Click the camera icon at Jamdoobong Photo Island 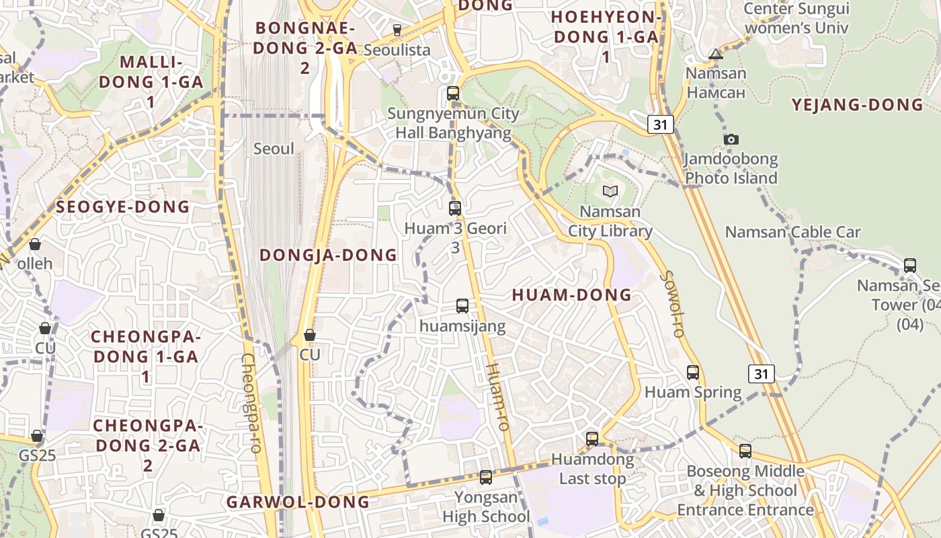point(731,140)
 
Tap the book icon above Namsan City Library point(610,192)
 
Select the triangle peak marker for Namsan point(716,54)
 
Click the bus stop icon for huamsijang point(462,306)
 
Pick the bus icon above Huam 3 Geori point(455,208)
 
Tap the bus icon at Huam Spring point(693,372)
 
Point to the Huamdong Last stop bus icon point(592,439)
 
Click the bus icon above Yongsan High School point(486,477)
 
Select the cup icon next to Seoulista point(397,30)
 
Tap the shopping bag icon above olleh point(35,243)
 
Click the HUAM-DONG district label point(572,295)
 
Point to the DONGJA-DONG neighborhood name point(329,255)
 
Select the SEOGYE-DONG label point(123,206)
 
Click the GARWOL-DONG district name point(298,502)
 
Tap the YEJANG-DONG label point(857,105)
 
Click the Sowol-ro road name point(672,303)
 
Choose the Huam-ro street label point(497,397)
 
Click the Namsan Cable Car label point(792,233)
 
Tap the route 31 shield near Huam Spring point(762,374)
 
